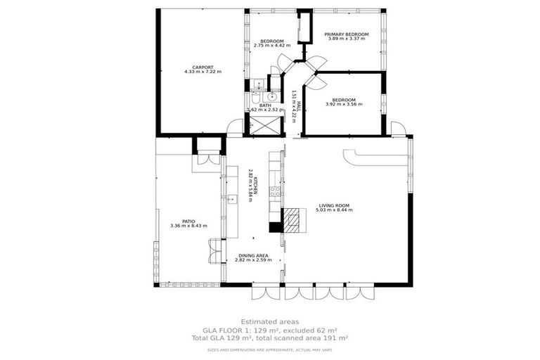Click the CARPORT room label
[x=202, y=67]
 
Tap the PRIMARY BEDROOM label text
[x=346, y=34]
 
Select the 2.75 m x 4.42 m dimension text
[x=271, y=46]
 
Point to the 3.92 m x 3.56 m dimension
[x=344, y=104]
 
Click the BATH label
[x=265, y=105]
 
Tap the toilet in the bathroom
[x=257, y=96]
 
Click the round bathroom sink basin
[x=273, y=97]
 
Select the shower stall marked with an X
[x=265, y=125]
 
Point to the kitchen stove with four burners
[x=276, y=191]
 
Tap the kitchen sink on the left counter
[x=229, y=200]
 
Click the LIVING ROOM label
[x=333, y=205]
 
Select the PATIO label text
[x=187, y=221]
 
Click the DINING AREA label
[x=253, y=255]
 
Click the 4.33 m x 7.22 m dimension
[x=202, y=72]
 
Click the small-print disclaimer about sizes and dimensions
[x=269, y=349]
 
